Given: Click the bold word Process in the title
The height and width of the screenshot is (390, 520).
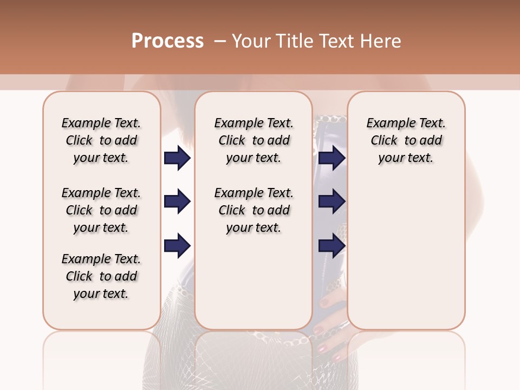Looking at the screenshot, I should (167, 41).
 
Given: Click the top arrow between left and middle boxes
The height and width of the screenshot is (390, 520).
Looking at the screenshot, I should (177, 158).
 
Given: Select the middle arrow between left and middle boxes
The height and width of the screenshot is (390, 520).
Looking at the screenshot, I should (177, 202).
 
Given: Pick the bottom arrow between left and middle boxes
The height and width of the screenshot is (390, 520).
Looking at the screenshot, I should (177, 245).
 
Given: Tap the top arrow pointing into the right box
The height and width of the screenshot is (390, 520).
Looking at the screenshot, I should (331, 158).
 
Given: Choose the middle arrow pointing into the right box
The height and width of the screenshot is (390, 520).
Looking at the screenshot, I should (331, 202).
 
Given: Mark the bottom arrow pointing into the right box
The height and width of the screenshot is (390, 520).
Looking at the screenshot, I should (331, 245).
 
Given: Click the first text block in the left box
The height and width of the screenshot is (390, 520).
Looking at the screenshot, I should (101, 140).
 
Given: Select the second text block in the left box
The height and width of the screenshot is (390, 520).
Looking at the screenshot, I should (101, 210).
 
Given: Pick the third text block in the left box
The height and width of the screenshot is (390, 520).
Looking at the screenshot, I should (101, 276).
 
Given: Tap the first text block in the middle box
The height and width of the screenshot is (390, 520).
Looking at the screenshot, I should (253, 140).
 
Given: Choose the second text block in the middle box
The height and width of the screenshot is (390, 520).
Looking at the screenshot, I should (253, 210).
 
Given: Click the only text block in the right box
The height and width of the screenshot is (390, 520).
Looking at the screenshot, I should (406, 140).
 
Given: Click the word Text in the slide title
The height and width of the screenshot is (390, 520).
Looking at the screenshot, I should (339, 41).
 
